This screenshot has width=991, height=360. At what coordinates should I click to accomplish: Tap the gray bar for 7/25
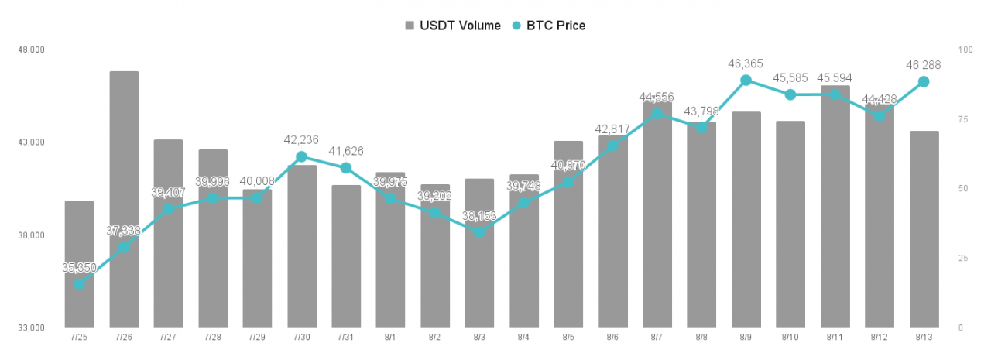pyautogui.click(x=79, y=264)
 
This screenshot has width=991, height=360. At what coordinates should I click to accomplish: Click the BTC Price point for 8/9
pyautogui.click(x=746, y=80)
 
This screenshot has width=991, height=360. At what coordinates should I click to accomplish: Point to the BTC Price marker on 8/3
pyautogui.click(x=479, y=232)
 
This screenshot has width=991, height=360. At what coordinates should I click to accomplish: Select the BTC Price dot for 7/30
pyautogui.click(x=301, y=156)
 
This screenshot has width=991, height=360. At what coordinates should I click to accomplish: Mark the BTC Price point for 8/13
pyautogui.click(x=924, y=81)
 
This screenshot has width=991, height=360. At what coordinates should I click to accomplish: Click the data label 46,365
pyautogui.click(x=746, y=63)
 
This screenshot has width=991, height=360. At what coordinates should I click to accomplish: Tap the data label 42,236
pyautogui.click(x=301, y=139)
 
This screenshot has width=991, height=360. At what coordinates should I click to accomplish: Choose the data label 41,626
pyautogui.click(x=346, y=151)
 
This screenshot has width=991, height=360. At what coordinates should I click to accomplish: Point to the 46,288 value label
pyautogui.click(x=924, y=65)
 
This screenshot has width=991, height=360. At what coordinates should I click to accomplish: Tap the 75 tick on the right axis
pyautogui.click(x=962, y=119)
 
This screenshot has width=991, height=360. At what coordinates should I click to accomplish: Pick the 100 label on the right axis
pyautogui.click(x=965, y=50)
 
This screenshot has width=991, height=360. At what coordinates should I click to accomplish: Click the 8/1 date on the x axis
pyautogui.click(x=390, y=338)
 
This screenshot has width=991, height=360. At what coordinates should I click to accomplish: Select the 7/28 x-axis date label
pyautogui.click(x=212, y=338)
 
